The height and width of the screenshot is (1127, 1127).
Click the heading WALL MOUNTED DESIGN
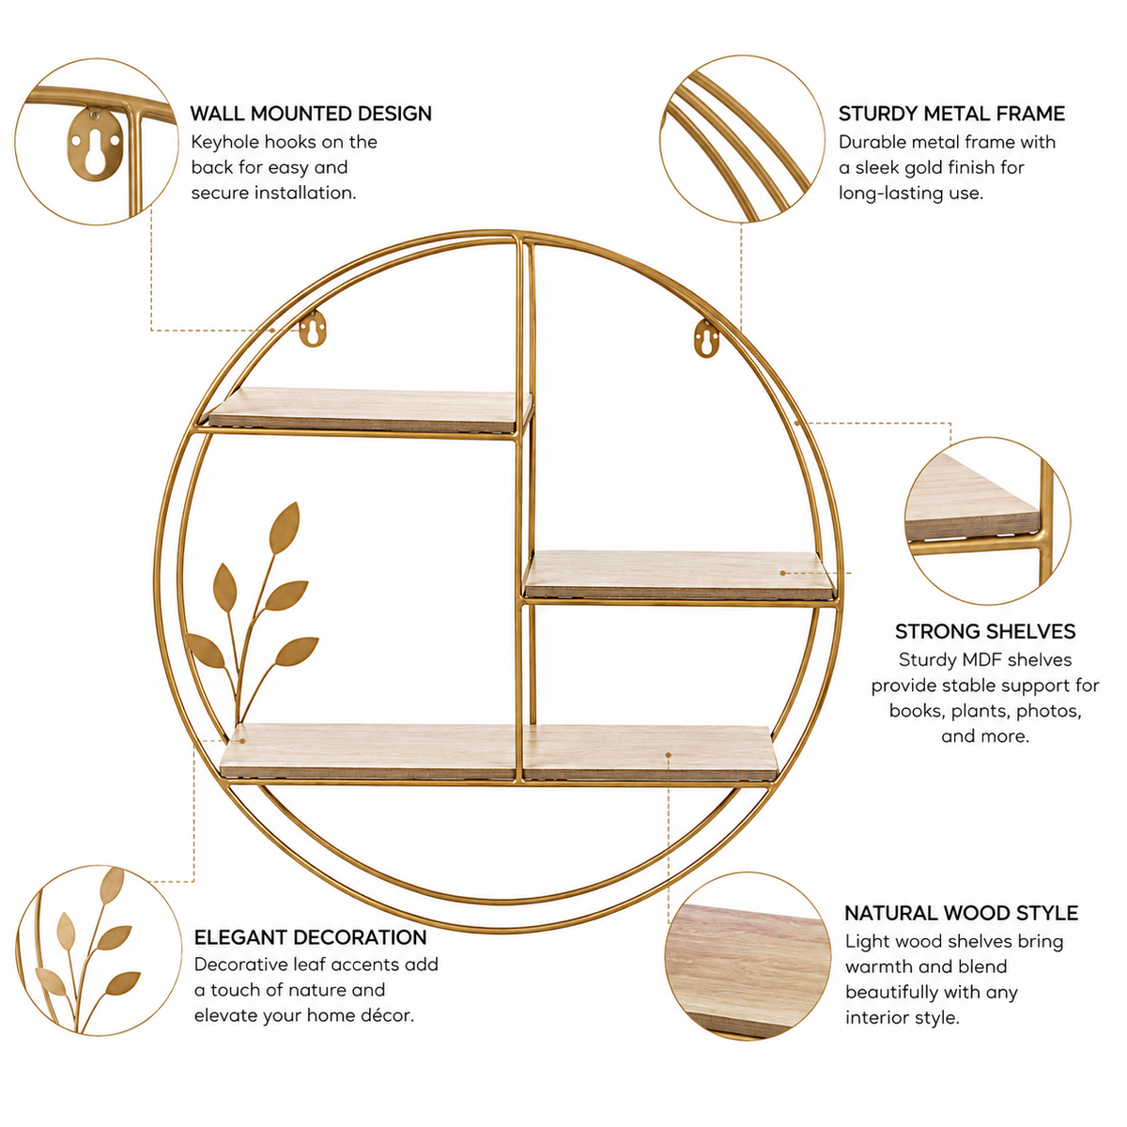311,114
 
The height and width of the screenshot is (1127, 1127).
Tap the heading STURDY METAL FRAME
951,114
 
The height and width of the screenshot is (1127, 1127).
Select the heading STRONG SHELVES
985,632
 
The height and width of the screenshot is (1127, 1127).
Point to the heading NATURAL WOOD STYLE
961,913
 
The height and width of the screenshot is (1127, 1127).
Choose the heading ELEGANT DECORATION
311,937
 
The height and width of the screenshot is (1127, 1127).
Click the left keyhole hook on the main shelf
313,330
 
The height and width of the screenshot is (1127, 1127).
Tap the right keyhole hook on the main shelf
707,339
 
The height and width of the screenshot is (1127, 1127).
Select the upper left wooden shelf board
370,409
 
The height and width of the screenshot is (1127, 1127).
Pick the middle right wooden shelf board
678,575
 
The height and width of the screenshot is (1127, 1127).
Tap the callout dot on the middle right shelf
783,573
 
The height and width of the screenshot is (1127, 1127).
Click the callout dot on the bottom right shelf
668,755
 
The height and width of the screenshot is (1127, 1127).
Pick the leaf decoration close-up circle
99,951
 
